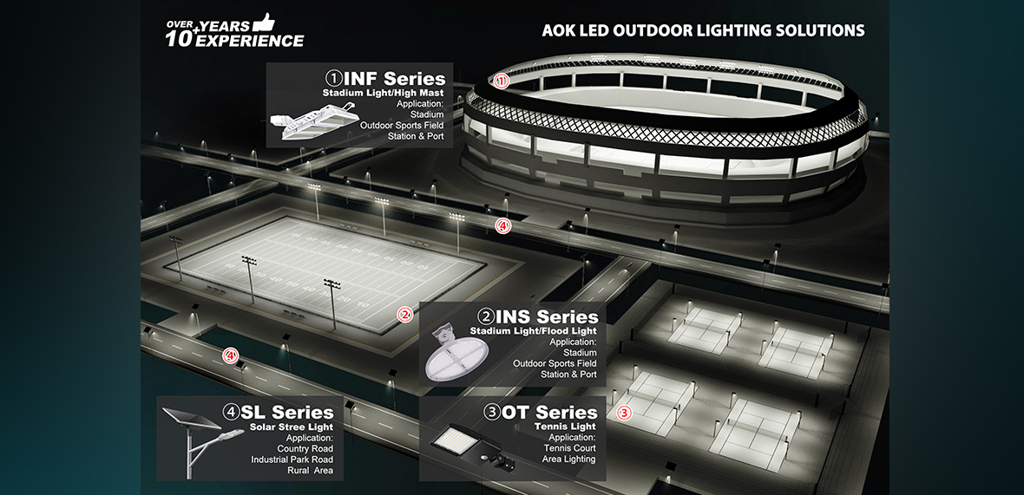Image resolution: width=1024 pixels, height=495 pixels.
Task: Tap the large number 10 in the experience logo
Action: (181, 38)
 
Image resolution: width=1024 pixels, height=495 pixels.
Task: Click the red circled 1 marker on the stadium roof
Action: (501, 81)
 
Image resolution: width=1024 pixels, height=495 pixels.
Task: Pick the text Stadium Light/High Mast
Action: (383, 93)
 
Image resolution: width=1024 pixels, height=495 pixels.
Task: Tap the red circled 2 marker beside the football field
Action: (404, 315)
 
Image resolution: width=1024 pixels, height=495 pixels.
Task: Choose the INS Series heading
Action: (538, 316)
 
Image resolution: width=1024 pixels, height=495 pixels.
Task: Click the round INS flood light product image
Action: (456, 355)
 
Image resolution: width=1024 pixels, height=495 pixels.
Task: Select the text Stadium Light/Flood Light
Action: (534, 331)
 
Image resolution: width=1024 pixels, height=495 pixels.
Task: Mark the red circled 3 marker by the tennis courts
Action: (624, 413)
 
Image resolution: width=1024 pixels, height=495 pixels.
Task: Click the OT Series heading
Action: (542, 412)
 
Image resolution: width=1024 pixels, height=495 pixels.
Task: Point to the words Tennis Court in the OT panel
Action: (570, 448)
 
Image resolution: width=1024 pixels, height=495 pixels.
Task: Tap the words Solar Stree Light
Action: (292, 427)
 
